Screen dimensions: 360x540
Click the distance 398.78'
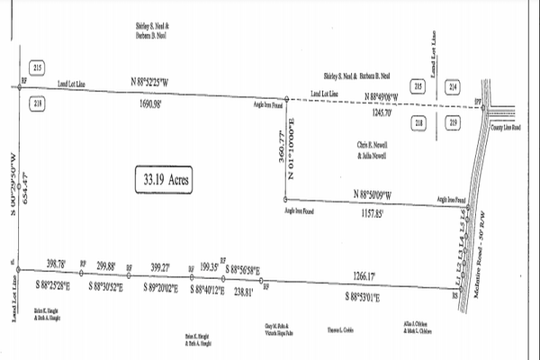[x=55, y=265]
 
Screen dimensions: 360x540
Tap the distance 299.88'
[x=105, y=265]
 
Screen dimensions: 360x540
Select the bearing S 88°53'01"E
[x=364, y=296]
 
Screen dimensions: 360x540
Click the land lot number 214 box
[x=453, y=87]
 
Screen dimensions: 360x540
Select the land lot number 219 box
[x=453, y=121]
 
